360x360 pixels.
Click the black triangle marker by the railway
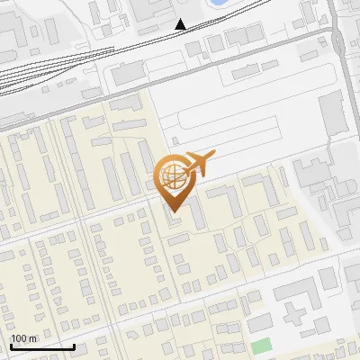coord(181,24)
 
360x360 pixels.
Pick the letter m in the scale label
coord(33,338)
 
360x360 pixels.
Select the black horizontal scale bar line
coord(41,346)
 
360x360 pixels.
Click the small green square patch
coord(261,346)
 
